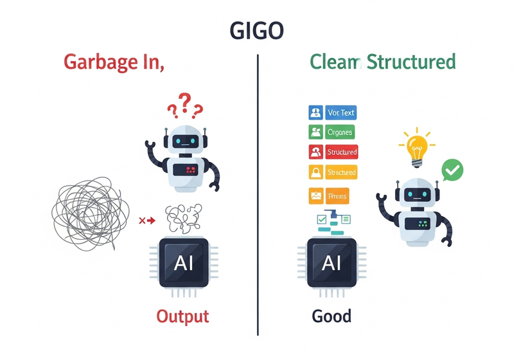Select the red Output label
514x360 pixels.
click(x=182, y=316)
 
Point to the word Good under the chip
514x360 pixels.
click(x=332, y=316)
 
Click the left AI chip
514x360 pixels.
click(x=182, y=264)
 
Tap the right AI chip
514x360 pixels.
click(x=332, y=264)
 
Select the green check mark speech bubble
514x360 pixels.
click(x=452, y=170)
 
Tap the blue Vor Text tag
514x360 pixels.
click(x=332, y=113)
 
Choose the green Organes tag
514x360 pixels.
click(x=332, y=133)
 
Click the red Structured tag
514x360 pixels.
click(x=333, y=152)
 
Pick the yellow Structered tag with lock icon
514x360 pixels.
click(x=333, y=172)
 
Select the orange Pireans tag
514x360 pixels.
click(x=328, y=196)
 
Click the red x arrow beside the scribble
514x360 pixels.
click(x=147, y=221)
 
